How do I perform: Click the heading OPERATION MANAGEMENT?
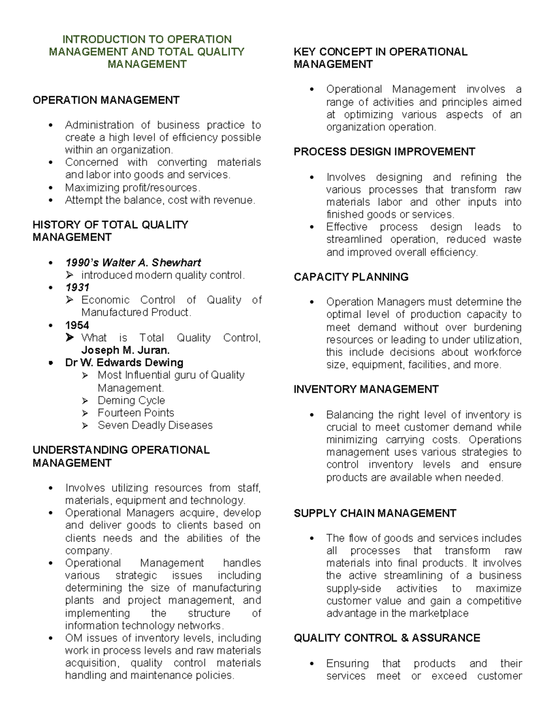106,100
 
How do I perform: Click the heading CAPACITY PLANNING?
351,277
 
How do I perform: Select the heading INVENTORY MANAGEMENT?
366,390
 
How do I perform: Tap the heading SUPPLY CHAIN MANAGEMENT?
375,514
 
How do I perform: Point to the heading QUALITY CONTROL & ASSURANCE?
387,638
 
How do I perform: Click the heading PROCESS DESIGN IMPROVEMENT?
384,152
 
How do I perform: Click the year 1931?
77,288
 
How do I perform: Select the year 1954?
77,325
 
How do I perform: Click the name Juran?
153,350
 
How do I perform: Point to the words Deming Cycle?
131,400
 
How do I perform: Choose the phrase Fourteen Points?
136,413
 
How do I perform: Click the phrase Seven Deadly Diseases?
155,425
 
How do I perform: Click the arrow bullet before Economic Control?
70,300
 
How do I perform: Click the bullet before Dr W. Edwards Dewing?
51,363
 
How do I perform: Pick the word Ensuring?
347,664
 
